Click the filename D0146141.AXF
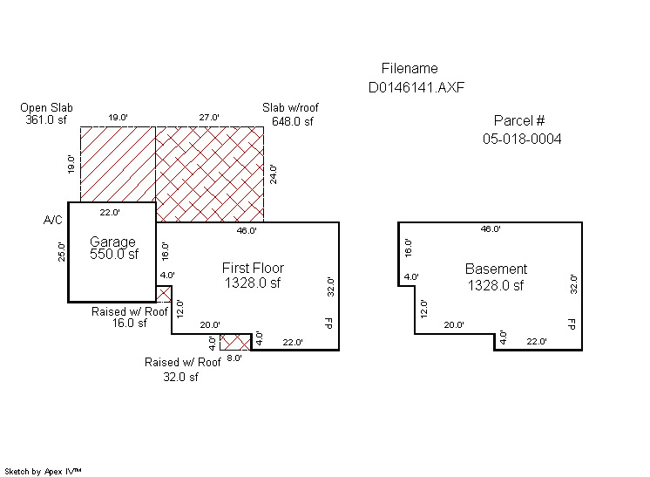pyautogui.click(x=416, y=87)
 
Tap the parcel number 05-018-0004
pyautogui.click(x=522, y=139)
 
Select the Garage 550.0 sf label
pyautogui.click(x=113, y=248)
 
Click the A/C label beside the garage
pyautogui.click(x=52, y=220)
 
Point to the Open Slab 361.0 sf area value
pyautogui.click(x=46, y=119)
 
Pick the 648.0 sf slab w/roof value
pyautogui.click(x=292, y=121)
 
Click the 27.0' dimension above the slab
pyautogui.click(x=209, y=118)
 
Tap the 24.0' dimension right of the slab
pyautogui.click(x=274, y=174)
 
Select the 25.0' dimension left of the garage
pyautogui.click(x=61, y=251)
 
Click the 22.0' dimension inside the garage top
pyautogui.click(x=110, y=213)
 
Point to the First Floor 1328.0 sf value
pyautogui.click(x=253, y=283)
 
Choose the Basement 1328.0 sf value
pyautogui.click(x=496, y=285)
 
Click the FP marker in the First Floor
pyautogui.click(x=328, y=324)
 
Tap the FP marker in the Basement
pyautogui.click(x=572, y=324)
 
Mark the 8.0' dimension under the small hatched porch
pyautogui.click(x=234, y=358)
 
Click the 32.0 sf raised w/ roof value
pyautogui.click(x=180, y=377)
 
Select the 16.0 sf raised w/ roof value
pyautogui.click(x=129, y=324)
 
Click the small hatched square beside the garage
pyautogui.click(x=163, y=294)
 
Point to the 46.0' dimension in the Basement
pyautogui.click(x=491, y=229)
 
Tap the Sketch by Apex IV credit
pyautogui.click(x=43, y=472)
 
